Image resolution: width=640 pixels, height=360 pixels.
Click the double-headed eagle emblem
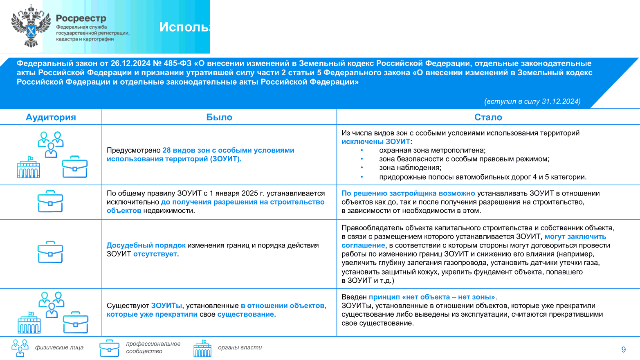[x=31, y=26]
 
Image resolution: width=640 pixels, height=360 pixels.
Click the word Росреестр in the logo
[x=81, y=18]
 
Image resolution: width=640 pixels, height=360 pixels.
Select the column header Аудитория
[x=51, y=117]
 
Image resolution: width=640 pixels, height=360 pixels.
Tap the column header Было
[x=219, y=117]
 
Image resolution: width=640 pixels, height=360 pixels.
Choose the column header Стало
[x=488, y=117]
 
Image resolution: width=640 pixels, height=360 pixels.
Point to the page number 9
[x=623, y=349]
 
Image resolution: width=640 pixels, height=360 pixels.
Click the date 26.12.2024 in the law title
[x=130, y=63]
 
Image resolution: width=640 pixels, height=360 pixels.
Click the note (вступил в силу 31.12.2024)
[x=532, y=101]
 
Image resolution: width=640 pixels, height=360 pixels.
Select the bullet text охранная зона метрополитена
[x=432, y=150]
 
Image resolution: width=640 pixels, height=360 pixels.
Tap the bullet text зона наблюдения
[x=410, y=167]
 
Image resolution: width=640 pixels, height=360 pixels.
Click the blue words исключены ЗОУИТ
[x=375, y=142]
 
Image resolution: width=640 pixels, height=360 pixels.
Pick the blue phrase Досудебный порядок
[x=146, y=245]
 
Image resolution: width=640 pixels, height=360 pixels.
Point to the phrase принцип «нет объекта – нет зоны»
[x=432, y=297]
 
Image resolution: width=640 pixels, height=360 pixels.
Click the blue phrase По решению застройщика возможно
[x=408, y=193]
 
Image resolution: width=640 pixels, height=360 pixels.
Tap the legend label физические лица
[x=59, y=347]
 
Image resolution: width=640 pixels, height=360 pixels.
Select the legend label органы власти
[x=240, y=347]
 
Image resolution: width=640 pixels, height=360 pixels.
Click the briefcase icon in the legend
[x=109, y=348]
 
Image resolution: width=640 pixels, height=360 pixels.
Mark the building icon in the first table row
[x=28, y=167]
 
